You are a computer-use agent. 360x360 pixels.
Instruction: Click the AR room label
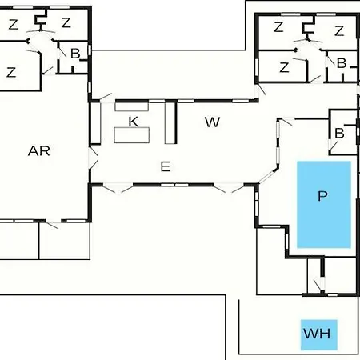point(39,151)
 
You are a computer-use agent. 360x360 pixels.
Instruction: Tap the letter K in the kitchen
point(134,122)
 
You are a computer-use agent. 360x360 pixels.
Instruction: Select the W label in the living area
point(212,122)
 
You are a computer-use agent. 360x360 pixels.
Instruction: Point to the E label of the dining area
point(166,166)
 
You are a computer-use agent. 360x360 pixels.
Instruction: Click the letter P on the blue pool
point(322,196)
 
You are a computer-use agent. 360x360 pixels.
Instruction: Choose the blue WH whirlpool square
point(319,334)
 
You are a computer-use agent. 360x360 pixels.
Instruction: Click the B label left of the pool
point(339,133)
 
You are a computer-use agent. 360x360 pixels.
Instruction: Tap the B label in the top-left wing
point(75,54)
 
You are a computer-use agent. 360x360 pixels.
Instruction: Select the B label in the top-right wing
point(342,63)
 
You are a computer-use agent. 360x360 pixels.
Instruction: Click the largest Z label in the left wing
point(11,72)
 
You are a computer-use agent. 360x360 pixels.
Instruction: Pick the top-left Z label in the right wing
point(278,27)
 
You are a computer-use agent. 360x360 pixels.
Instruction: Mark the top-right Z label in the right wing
point(339,31)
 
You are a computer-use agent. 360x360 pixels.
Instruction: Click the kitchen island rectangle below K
point(132,135)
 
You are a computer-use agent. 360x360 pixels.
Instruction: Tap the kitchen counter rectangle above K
point(132,106)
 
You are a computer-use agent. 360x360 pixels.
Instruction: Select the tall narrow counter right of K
point(170,122)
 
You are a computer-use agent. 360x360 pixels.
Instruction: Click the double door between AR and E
point(93,158)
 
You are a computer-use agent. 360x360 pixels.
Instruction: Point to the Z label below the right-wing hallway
point(284,67)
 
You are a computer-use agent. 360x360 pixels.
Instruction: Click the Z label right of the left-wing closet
point(66,22)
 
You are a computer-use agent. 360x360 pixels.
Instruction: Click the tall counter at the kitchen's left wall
point(96,123)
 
